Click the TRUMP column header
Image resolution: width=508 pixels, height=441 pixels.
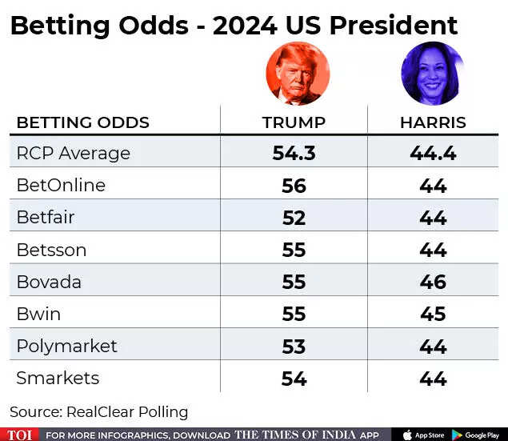coord(294,122)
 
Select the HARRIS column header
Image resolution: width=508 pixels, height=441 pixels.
coord(433,122)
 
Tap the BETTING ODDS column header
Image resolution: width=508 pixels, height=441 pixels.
coord(83,122)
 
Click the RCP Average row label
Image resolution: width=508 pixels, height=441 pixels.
coord(73,153)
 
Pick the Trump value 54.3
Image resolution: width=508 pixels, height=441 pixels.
coord(294,153)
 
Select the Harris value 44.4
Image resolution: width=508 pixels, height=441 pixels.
coord(433,153)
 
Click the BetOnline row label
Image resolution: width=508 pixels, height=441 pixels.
coord(61,185)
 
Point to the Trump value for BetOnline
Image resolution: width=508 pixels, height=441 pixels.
coord(294,186)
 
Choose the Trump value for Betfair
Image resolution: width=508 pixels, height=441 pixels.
coord(294,218)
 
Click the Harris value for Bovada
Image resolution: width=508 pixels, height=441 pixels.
coord(433,282)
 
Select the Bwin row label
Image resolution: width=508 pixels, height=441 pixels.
coord(38,313)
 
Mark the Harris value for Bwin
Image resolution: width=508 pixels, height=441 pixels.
coord(433,314)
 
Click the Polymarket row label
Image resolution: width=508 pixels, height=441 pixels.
coord(66,346)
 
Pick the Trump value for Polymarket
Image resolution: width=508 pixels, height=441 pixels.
coord(294,346)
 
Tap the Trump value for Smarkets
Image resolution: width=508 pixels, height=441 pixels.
coord(294,378)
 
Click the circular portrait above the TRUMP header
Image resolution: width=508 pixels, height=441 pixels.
coord(297,74)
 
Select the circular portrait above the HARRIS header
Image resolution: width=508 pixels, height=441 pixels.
coord(432,74)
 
